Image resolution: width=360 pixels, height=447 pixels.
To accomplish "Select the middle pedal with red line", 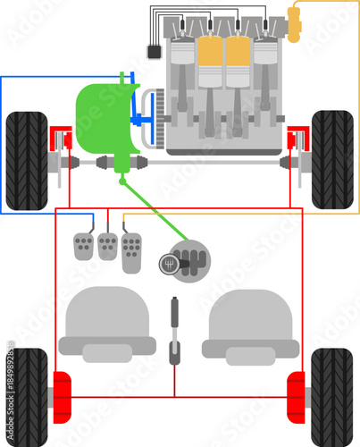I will point(107,246).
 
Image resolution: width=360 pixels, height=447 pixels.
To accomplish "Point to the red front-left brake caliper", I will point(61,139).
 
